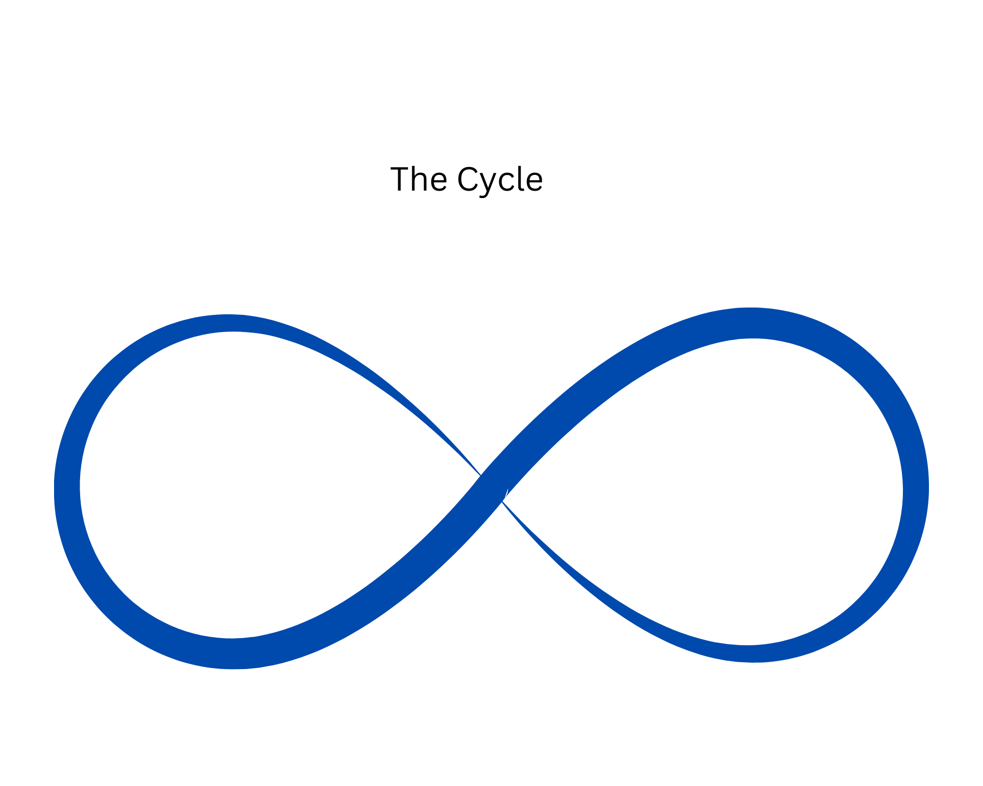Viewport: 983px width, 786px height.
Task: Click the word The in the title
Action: [418, 179]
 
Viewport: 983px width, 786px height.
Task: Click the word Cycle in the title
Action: [500, 180]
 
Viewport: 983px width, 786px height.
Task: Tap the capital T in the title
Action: [401, 179]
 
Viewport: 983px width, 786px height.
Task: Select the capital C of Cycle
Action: [467, 179]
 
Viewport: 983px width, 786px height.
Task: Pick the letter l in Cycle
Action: [521, 178]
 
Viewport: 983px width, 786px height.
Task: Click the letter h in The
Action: [419, 179]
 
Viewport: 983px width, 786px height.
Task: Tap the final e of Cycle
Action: [534, 181]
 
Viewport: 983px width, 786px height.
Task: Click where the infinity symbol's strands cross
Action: [492, 488]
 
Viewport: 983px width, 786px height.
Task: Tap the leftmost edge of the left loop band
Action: [67, 489]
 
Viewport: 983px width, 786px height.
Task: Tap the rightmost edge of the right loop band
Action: [916, 489]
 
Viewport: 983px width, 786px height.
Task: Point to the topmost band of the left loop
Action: [229, 323]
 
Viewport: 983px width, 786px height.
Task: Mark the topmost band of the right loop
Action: [752, 323]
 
